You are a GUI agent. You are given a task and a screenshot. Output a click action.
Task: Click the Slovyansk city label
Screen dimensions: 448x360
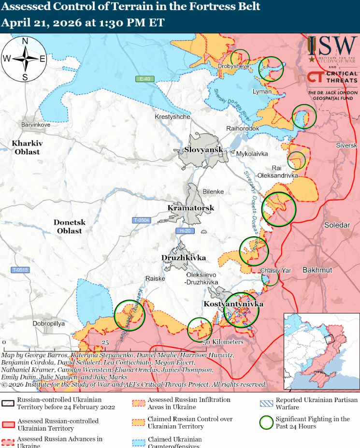pos(203,150)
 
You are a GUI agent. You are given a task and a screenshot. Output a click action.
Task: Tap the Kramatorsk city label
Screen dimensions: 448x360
pos(190,208)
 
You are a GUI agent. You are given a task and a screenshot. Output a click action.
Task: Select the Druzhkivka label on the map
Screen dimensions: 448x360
pos(184,258)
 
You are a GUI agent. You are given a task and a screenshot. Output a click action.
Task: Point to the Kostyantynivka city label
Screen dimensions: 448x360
pos(233,304)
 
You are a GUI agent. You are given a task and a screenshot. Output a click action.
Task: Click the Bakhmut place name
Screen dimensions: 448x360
pos(317,269)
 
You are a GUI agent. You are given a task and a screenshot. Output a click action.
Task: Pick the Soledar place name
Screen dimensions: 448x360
pos(337,225)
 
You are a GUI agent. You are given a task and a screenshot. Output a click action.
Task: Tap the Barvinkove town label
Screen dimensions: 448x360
pos(36,125)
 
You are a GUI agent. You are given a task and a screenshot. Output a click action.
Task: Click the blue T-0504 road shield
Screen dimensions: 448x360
pos(141,220)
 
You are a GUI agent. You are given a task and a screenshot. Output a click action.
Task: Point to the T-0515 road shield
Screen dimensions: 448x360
pos(21,270)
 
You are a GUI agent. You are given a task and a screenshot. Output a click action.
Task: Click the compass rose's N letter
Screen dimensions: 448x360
pos(25,41)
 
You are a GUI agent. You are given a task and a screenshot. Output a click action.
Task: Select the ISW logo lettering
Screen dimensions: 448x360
pos(338,46)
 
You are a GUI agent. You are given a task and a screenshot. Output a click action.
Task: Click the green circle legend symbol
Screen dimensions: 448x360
pos(266,422)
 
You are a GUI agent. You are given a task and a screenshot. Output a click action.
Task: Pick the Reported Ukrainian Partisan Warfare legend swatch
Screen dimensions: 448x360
pos(266,404)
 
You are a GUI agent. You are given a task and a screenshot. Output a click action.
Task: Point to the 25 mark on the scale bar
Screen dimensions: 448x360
pos(105,342)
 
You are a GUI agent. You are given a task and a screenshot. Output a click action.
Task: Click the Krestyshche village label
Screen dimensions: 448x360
pos(172,117)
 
